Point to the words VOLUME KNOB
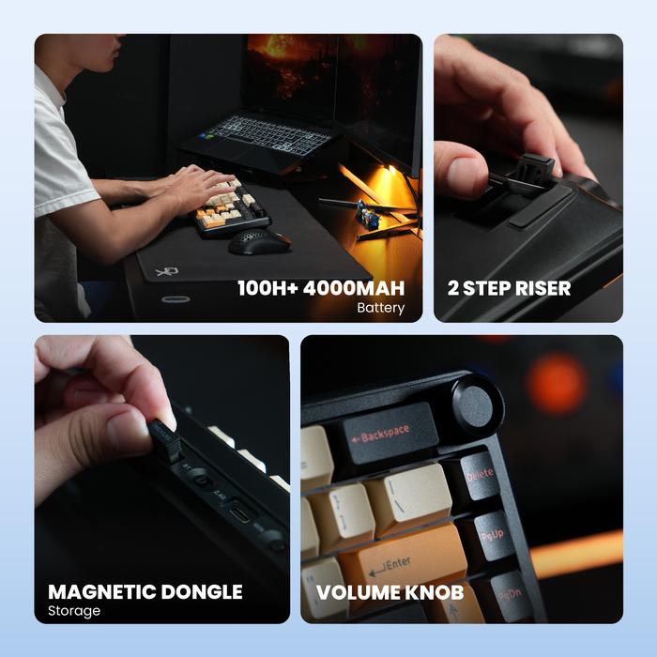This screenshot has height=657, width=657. (x=390, y=592)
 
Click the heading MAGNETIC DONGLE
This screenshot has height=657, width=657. (x=145, y=592)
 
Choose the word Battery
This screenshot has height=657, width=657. (x=380, y=308)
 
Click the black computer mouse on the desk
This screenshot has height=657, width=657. (x=258, y=241)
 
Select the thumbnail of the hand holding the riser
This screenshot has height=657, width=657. (x=527, y=178)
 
